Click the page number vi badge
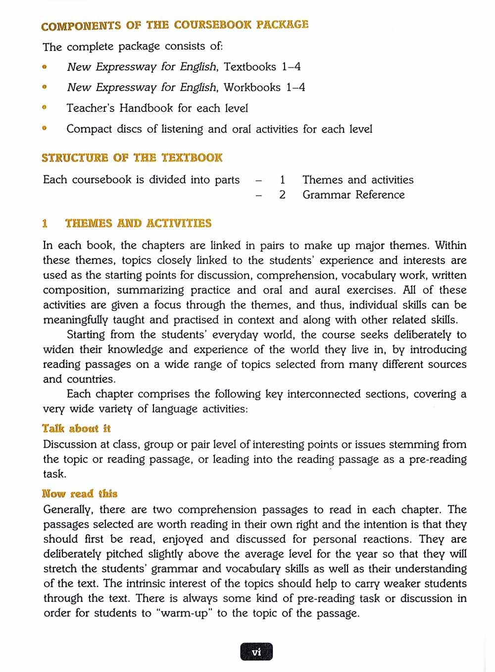point(256,652)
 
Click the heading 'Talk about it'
point(76,428)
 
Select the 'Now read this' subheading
point(80,494)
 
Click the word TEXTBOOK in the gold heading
point(192,158)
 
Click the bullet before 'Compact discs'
point(45,128)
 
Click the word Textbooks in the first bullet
point(250,67)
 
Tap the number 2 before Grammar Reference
point(282,195)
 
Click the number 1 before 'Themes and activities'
point(282,180)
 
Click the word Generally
point(67,510)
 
